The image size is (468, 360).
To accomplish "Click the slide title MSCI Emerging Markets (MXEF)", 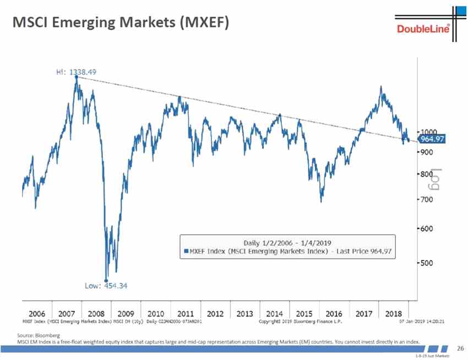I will click(x=120, y=23).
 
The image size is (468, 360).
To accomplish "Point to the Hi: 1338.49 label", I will click(x=77, y=72).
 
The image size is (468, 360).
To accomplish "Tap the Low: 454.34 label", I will click(x=106, y=286).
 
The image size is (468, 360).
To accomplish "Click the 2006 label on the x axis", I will click(x=36, y=313).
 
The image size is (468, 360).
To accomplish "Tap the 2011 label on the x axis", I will click(x=186, y=313).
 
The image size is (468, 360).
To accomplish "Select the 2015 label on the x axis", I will click(x=304, y=313).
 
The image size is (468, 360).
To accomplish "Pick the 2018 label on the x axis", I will click(x=394, y=313).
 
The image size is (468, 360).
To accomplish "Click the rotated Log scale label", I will click(x=436, y=178).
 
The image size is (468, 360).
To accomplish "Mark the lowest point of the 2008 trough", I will click(x=106, y=279).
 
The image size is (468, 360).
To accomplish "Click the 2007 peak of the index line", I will click(x=76, y=77).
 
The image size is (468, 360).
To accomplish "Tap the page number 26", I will click(x=461, y=348).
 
